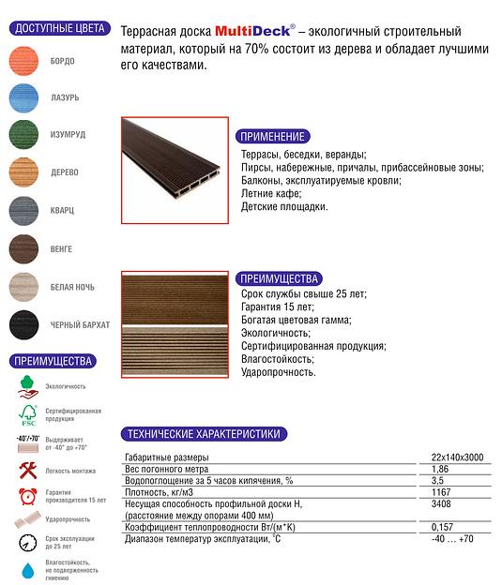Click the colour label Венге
62,248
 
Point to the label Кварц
63,211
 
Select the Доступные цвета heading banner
54,29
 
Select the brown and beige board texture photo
175,323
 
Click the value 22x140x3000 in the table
457,457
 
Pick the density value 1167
442,491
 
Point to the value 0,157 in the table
442,528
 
